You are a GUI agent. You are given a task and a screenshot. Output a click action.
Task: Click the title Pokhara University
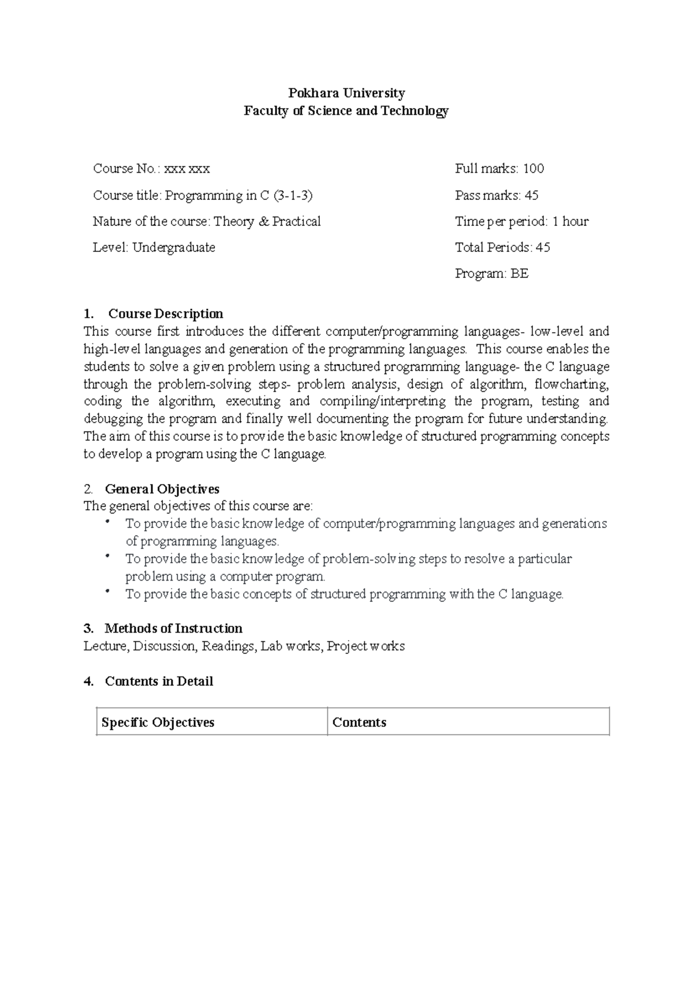(346, 93)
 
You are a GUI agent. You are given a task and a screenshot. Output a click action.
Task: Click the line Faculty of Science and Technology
(346, 111)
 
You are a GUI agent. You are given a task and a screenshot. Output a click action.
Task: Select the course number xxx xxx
(187, 169)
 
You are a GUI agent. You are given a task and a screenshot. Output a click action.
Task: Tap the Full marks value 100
(534, 169)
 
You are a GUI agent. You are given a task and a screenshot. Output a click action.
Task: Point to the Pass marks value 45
(531, 195)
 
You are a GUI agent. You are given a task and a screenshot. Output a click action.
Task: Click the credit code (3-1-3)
(293, 195)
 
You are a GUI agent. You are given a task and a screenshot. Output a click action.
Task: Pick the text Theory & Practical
(267, 221)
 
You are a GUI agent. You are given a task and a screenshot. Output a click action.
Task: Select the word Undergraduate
(174, 247)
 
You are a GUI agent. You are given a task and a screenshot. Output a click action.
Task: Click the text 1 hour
(571, 221)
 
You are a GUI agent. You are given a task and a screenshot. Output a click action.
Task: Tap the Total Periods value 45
(543, 247)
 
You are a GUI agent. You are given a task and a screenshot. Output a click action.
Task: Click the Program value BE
(519, 273)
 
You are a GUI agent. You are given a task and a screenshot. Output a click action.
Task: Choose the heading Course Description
(166, 314)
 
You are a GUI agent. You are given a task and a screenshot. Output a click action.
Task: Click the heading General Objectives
(162, 489)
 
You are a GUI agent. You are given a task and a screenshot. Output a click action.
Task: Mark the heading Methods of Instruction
(173, 629)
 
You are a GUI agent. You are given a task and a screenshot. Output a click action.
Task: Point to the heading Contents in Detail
(159, 681)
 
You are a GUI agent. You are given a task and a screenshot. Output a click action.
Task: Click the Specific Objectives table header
(158, 722)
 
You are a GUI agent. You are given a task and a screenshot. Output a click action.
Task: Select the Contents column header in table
(359, 722)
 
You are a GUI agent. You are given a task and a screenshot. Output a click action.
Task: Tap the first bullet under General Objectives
(107, 522)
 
